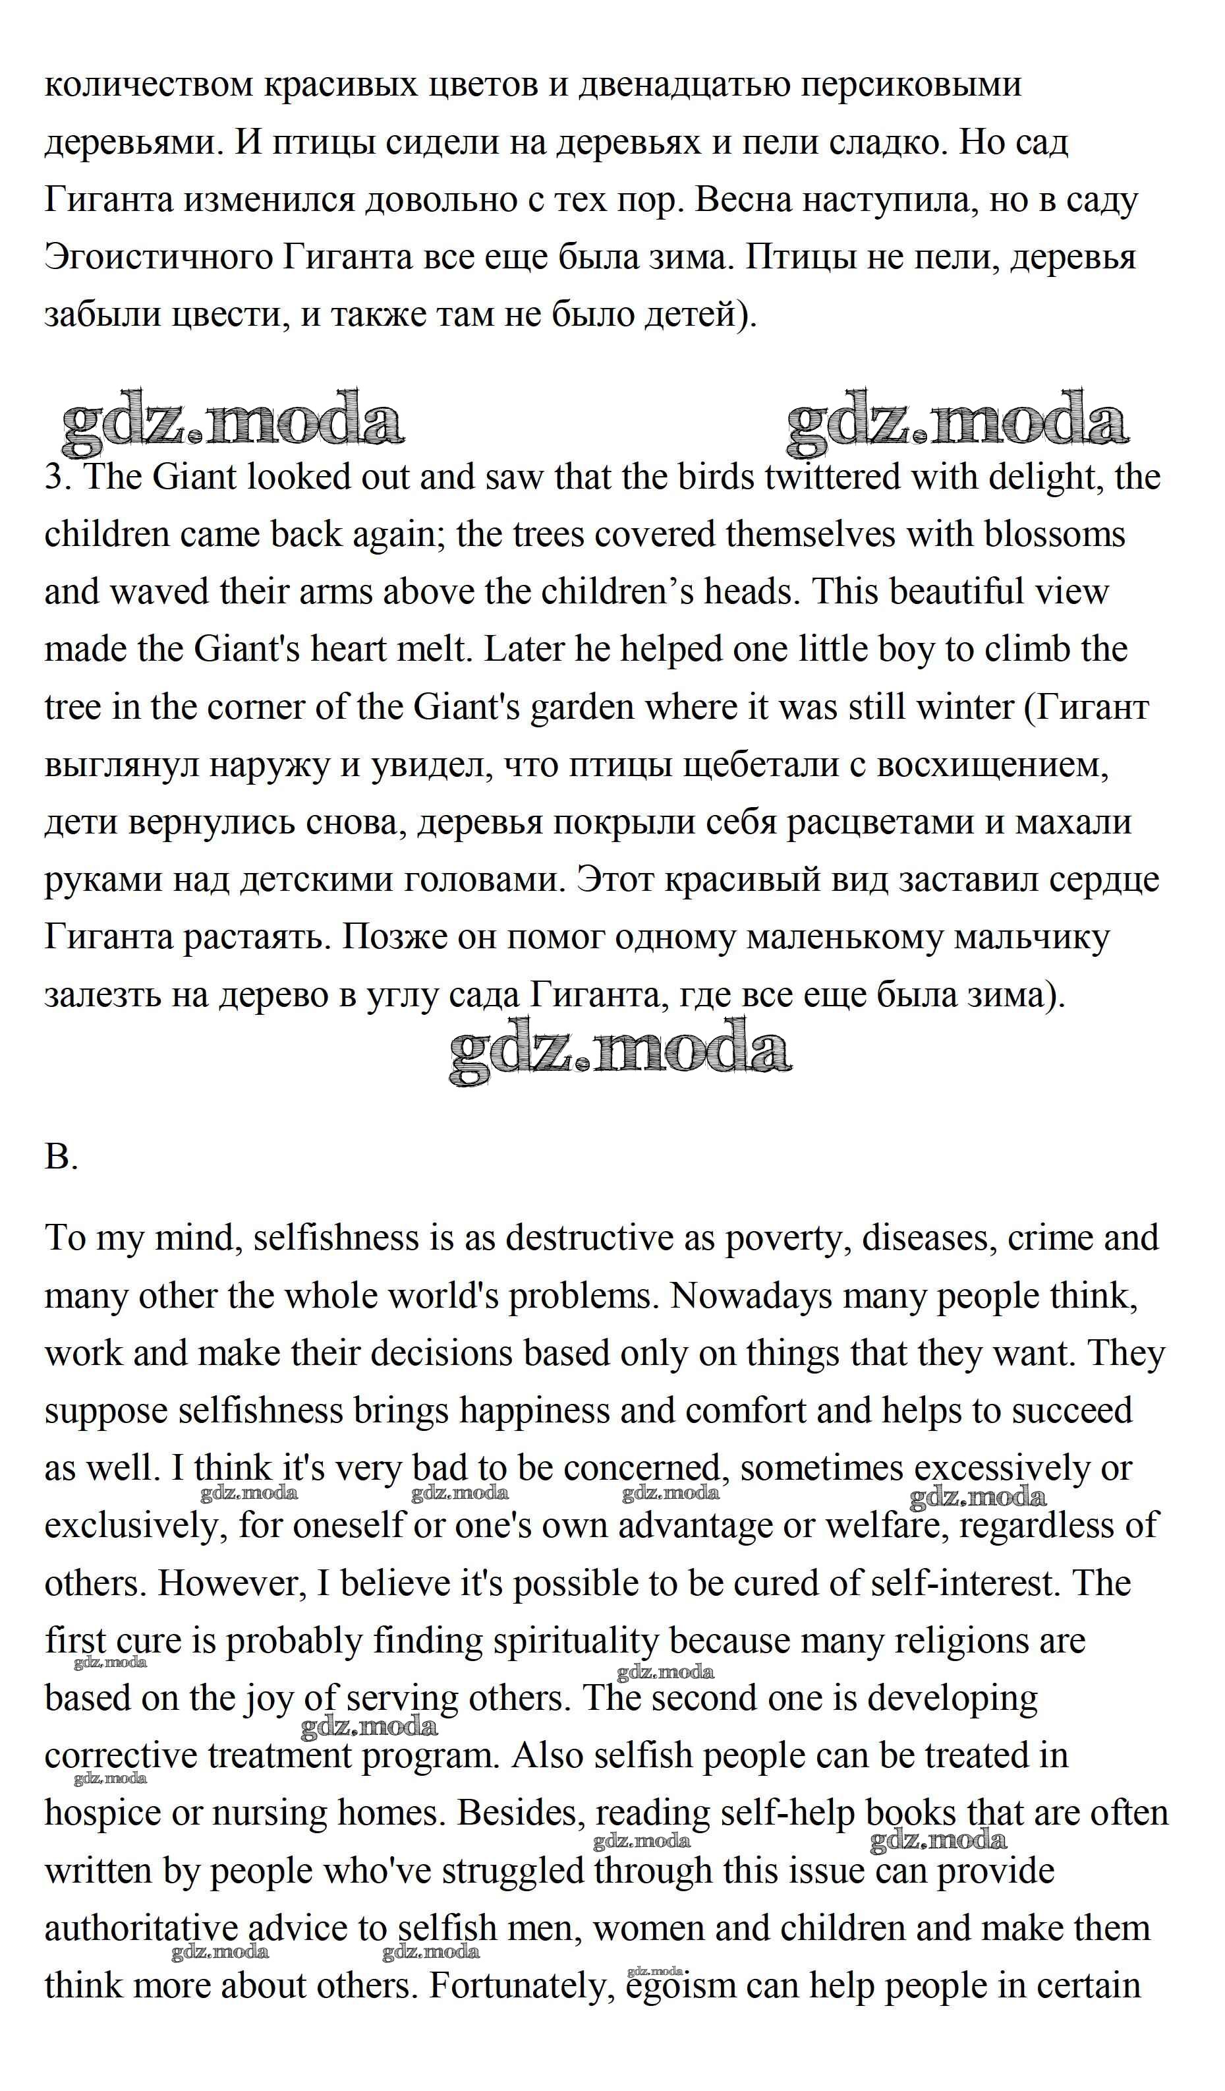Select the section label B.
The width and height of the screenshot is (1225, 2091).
[60, 1156]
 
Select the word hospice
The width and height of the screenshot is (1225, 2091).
[101, 1813]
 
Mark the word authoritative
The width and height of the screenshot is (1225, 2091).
[141, 1927]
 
